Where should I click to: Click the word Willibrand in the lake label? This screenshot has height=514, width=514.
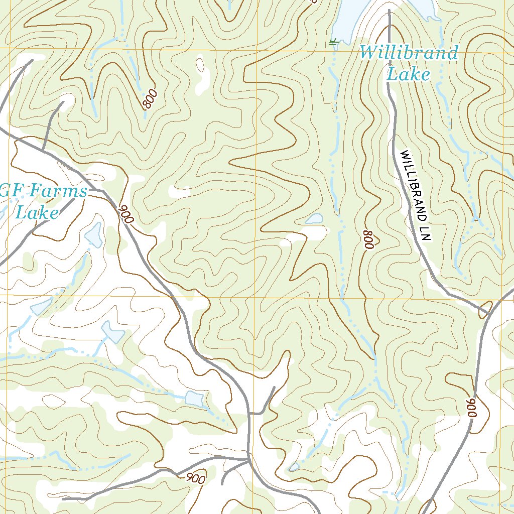[x=409, y=53]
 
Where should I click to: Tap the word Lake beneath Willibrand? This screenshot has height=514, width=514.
[x=409, y=75]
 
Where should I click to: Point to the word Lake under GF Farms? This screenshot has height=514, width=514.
[x=37, y=213]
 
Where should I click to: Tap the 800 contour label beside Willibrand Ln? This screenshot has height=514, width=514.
[x=369, y=239]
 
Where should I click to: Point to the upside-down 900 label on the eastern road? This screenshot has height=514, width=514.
[x=471, y=408]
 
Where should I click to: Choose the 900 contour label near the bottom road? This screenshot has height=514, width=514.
[x=195, y=478]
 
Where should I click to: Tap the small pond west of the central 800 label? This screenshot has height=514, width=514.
[x=315, y=218]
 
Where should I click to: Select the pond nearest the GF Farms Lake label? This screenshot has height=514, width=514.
[x=94, y=235]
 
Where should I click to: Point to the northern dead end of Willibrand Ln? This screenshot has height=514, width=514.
[x=389, y=11]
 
